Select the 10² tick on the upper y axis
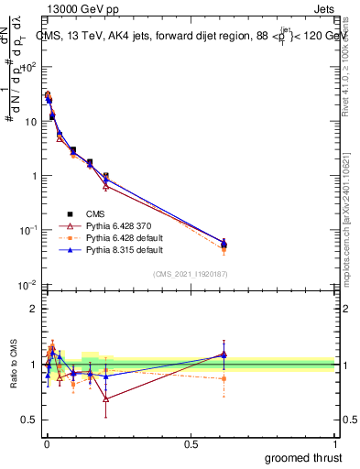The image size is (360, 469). pyautogui.click(x=29, y=67)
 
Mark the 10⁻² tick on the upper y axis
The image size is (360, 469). pyautogui.click(x=29, y=284)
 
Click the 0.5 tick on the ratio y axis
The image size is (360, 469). pyautogui.click(x=30, y=420)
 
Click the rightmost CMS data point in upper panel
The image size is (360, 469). pyautogui.click(x=224, y=243)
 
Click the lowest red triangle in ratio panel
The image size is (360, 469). pyautogui.click(x=106, y=398)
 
